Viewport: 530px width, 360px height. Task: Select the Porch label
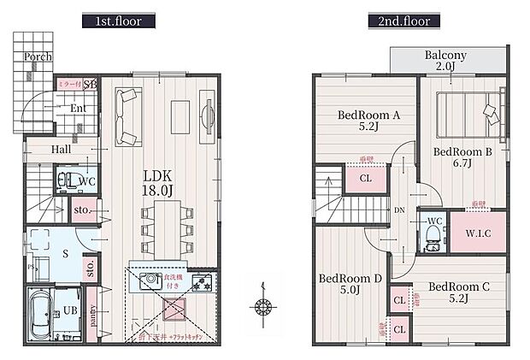click(x=38, y=57)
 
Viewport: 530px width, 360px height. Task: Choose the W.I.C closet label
click(x=478, y=233)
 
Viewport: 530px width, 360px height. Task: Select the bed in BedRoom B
click(x=467, y=112)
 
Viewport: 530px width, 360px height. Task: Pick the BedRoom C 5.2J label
click(x=457, y=292)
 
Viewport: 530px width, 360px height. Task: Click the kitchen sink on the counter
click(x=152, y=279)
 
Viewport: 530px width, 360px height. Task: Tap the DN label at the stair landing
click(x=398, y=209)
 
